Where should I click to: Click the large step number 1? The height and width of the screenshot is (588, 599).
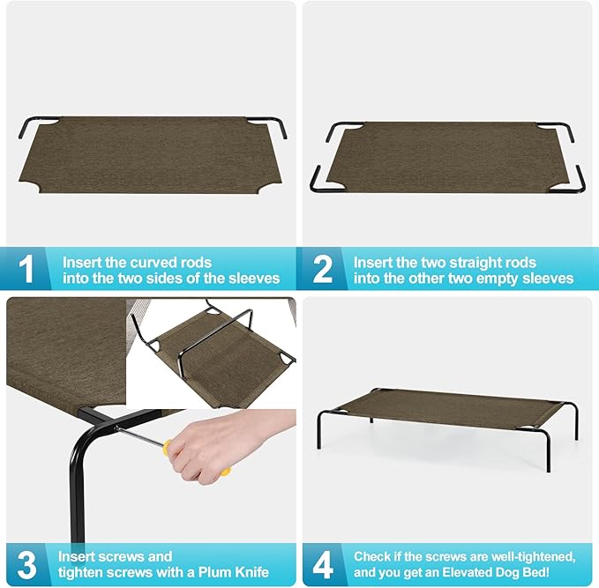(x=27, y=270)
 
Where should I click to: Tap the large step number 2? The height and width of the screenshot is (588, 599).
(x=323, y=270)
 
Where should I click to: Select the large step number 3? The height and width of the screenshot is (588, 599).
(x=28, y=564)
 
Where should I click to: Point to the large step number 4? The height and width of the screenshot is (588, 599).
(x=324, y=564)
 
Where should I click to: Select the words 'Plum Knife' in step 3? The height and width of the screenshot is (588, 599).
(x=236, y=572)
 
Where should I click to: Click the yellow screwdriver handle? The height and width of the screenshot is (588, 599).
(x=225, y=471)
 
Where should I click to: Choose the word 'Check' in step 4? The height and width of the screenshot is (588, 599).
(x=372, y=556)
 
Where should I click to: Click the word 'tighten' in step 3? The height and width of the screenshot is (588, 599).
(x=82, y=572)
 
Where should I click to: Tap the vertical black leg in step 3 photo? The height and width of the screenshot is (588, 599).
(x=80, y=494)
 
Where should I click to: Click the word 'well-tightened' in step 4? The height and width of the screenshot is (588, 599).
(x=532, y=556)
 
